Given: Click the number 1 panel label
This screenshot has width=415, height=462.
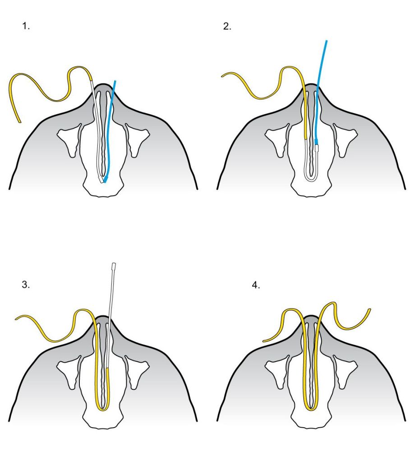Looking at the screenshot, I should [x=26, y=26].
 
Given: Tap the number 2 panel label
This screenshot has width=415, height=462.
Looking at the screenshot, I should [x=227, y=26].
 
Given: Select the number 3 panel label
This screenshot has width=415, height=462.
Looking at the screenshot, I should [x=26, y=285].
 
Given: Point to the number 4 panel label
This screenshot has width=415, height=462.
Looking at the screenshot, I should [x=256, y=285].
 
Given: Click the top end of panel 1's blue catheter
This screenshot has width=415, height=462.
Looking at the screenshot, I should [x=115, y=82].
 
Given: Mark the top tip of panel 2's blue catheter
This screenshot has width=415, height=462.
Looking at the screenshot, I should [x=326, y=41].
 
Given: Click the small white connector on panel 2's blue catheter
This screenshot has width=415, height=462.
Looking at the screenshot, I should [x=317, y=147].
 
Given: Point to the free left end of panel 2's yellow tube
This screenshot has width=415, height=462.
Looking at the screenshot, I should [x=222, y=76].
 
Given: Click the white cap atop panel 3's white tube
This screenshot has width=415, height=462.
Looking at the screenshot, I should [x=114, y=265].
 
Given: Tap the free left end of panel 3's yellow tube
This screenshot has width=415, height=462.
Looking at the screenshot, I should [x=16, y=319].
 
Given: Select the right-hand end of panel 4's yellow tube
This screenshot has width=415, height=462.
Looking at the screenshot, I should [x=369, y=310].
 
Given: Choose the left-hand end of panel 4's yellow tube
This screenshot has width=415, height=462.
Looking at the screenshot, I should [x=264, y=340].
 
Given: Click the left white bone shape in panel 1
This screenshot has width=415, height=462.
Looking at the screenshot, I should [x=70, y=138].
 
